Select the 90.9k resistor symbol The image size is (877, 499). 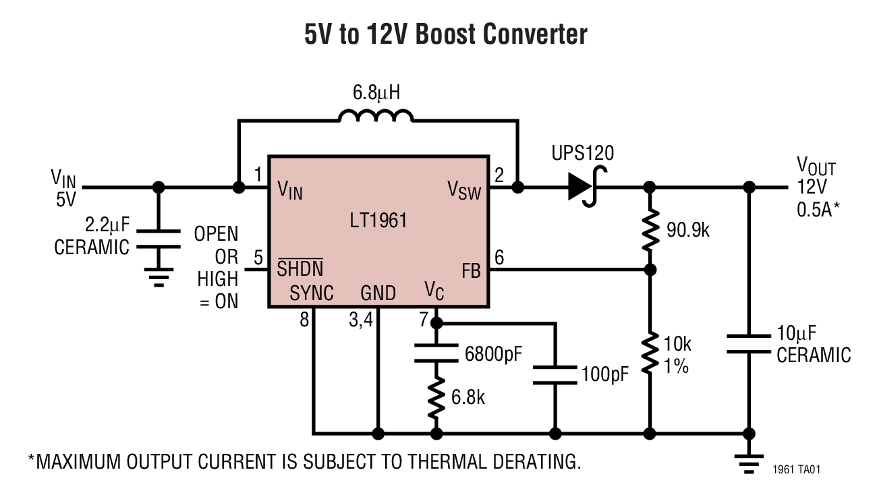pos(650,229)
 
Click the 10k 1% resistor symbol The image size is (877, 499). pos(650,353)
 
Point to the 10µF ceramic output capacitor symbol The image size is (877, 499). pos(747,343)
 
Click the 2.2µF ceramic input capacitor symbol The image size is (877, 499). pos(159,239)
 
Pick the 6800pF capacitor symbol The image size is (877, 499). pos(436,352)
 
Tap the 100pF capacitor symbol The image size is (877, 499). pos(555,376)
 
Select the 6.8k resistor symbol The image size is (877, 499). pos(436,397)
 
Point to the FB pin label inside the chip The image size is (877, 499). pos(471,272)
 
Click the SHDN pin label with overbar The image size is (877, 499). pos(300,268)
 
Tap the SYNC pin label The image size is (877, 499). pos(311,293)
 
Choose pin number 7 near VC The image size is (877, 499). pos(423,320)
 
